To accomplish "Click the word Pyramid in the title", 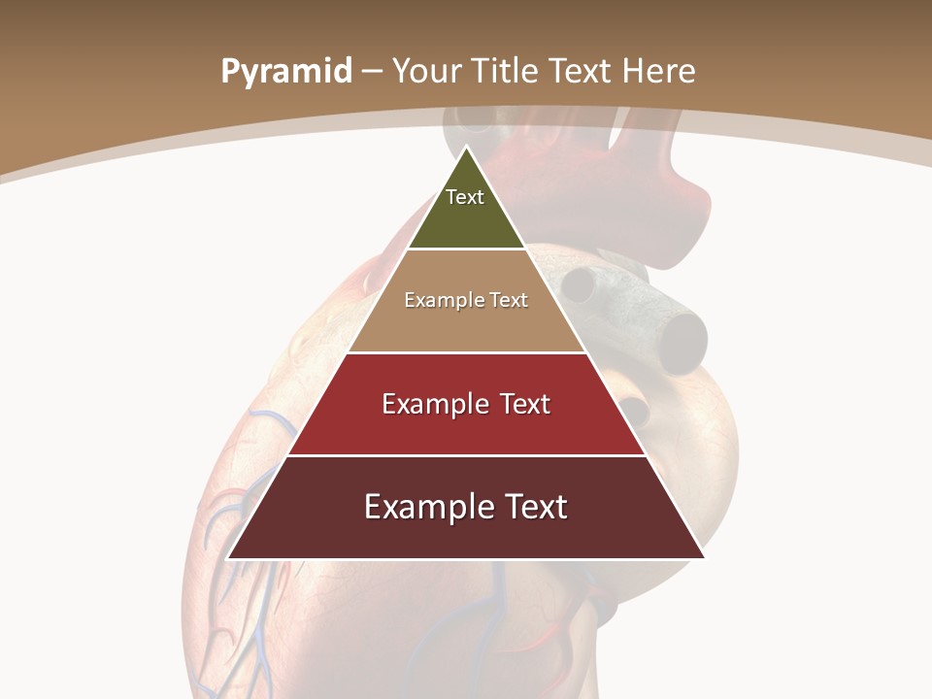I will [x=285, y=72].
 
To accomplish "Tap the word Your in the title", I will [x=424, y=71].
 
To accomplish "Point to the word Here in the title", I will [x=658, y=71].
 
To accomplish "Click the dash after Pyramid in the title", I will [x=371, y=72].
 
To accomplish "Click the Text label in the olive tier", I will [x=465, y=197].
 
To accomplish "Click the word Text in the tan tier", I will [x=508, y=300].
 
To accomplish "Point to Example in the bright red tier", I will [x=432, y=404].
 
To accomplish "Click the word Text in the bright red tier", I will [x=525, y=404].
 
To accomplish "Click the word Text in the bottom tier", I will [x=534, y=507].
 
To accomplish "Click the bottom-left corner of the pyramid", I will [x=229, y=557].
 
